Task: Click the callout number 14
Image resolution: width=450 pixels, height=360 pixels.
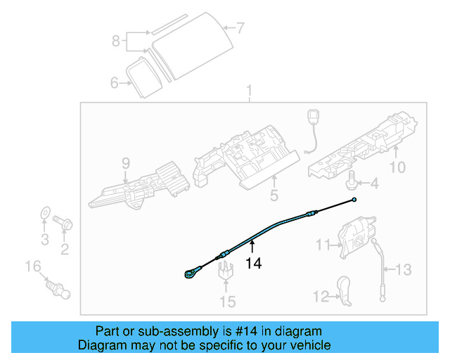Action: point(253,263)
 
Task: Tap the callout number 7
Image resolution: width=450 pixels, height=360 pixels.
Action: point(240,29)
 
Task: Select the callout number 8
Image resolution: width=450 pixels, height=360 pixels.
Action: point(116,41)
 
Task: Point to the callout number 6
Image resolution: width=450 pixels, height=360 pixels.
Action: point(115,83)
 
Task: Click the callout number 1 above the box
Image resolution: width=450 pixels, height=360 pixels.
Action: point(248,91)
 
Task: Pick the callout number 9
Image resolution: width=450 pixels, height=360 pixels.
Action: point(126,164)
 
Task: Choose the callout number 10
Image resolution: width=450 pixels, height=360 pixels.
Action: point(397,167)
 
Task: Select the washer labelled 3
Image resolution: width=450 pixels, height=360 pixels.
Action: point(44,213)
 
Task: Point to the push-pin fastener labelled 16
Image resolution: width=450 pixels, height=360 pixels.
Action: point(56,287)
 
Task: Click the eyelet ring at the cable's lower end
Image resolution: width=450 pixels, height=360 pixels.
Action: point(192,274)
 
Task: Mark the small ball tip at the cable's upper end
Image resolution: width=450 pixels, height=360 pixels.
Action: point(355,200)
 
